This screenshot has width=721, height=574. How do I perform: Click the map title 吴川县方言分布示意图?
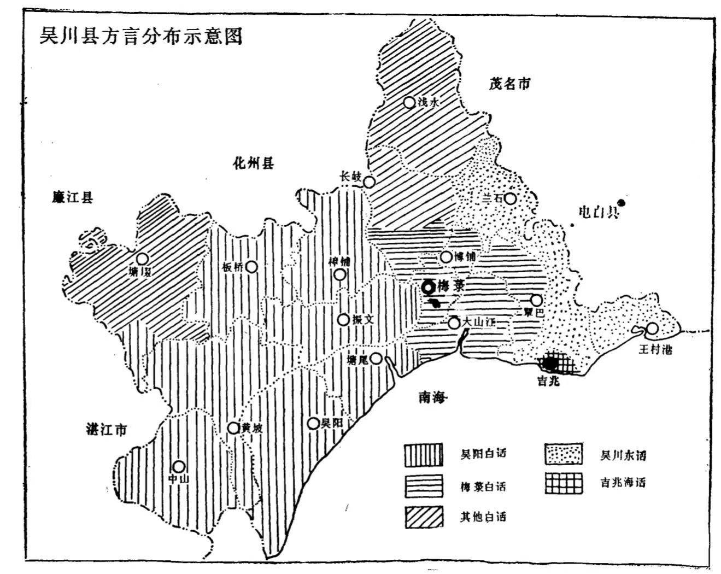point(140,36)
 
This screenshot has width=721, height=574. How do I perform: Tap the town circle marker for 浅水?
point(409,102)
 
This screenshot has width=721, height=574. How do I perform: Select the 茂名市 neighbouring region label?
point(509,84)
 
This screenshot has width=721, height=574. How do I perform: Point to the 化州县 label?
point(253,163)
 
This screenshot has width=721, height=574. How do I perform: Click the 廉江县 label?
point(73,197)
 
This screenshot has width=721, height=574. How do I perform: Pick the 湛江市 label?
point(106,430)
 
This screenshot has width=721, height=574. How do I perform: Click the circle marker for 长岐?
point(370,182)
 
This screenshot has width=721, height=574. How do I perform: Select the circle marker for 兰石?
point(510,198)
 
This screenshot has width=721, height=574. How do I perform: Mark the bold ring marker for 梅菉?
point(428,286)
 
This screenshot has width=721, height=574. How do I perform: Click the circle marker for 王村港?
point(652,329)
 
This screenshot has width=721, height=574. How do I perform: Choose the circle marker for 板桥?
point(251,266)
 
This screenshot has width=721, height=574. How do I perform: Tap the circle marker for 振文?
point(343,320)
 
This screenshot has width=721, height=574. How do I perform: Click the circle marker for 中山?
point(179,466)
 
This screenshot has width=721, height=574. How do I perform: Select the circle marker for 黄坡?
point(233,427)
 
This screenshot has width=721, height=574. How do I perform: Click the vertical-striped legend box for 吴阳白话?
point(424,455)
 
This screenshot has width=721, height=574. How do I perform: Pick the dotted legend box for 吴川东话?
point(563,455)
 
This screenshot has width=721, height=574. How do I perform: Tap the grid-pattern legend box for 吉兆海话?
point(563,483)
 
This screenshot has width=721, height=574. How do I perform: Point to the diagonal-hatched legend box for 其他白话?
point(424,517)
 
